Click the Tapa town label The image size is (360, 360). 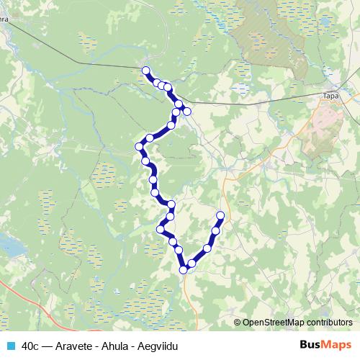tap(331, 95)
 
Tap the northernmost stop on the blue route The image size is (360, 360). tap(146, 71)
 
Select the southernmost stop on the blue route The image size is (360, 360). tap(184, 270)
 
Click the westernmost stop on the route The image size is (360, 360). tap(140, 147)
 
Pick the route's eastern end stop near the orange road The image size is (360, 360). tap(220, 216)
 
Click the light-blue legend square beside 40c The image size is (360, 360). tap(9, 346)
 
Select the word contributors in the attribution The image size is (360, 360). tap(329, 323)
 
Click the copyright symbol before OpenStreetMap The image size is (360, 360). tap(238, 323)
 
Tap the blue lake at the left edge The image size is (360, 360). tap(9, 246)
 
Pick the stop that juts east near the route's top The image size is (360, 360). tap(187, 111)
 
